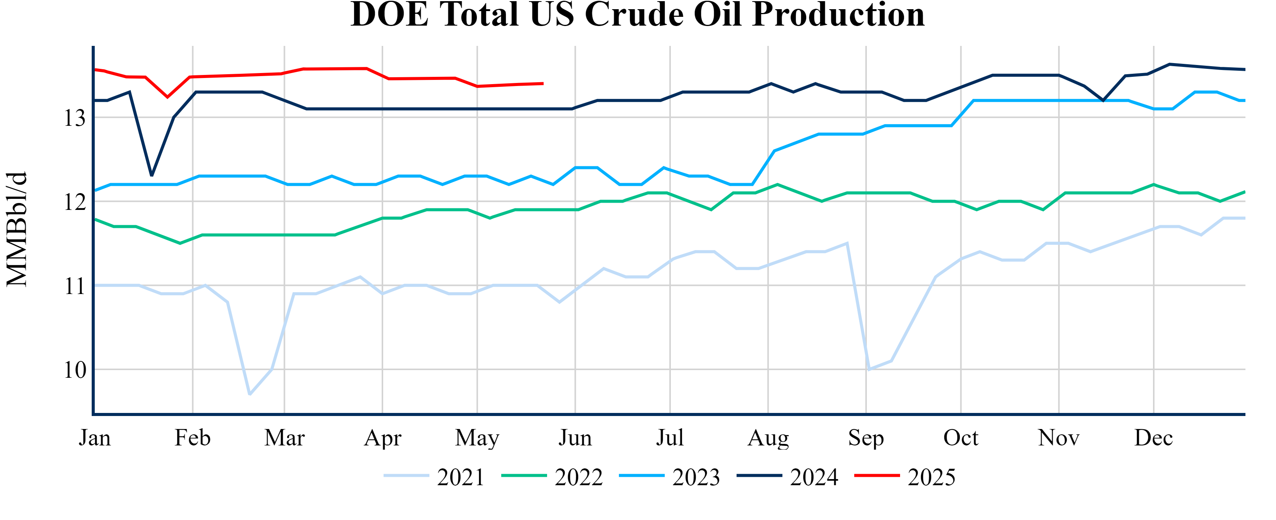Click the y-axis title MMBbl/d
pyautogui.click(x=17, y=229)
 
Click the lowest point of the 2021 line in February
pyautogui.click(x=249, y=395)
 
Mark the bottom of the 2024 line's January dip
pyautogui.click(x=152, y=175)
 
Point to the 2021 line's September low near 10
pyautogui.click(x=869, y=369)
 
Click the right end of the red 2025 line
pyautogui.click(x=543, y=83)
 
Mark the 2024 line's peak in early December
pyautogui.click(x=1169, y=64)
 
